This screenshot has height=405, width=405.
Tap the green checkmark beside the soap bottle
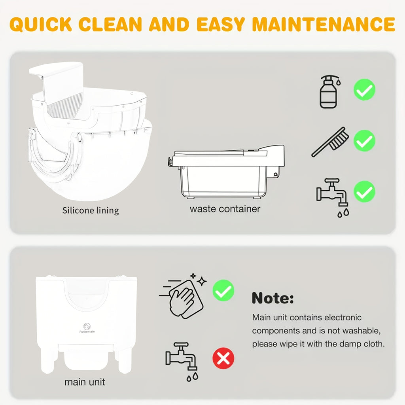coord(364,89)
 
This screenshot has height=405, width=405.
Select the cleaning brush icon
coord(330,142)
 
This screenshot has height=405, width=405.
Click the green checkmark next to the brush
coord(364,140)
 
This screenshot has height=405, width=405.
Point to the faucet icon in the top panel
coord(331,194)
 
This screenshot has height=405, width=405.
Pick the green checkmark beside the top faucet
coord(364,191)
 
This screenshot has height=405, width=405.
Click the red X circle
coord(223,358)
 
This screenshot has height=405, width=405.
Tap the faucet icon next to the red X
coord(181,359)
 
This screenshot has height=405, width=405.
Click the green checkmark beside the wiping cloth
coord(223,291)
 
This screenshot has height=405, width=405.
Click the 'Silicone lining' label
coord(91,210)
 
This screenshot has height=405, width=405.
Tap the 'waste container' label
coord(225,208)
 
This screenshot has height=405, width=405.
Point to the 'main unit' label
coord(85,382)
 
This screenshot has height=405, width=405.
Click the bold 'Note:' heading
coord(273,298)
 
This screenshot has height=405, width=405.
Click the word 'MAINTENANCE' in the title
coord(324,24)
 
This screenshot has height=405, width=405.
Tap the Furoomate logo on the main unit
coord(86,327)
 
